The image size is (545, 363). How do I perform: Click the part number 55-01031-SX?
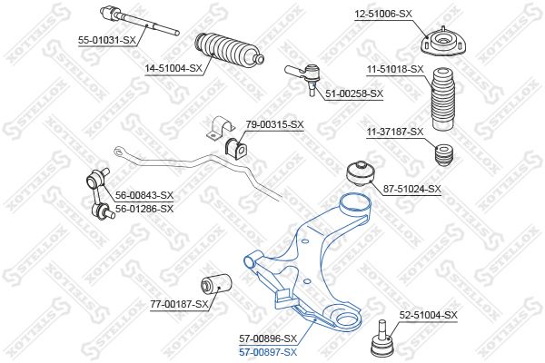pyautogui.click(x=106, y=40)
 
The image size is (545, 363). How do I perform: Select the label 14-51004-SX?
pyautogui.click(x=173, y=68)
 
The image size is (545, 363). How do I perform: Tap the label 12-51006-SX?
pyautogui.click(x=383, y=14)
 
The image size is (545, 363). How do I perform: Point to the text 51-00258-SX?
pyautogui.click(x=354, y=93)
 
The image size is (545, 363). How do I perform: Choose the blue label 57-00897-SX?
pyautogui.click(x=268, y=353)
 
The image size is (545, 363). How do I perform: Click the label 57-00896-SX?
pyautogui.click(x=268, y=338)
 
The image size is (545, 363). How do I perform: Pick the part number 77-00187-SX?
pyautogui.click(x=179, y=305)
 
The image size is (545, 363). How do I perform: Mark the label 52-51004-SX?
pyautogui.click(x=428, y=316)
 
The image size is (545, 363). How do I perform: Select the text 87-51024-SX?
pyautogui.click(x=411, y=189)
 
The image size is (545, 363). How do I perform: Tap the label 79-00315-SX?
pyautogui.click(x=275, y=124)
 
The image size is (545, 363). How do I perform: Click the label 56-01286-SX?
pyautogui.click(x=144, y=209)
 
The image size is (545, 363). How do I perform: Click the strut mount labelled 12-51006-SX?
pyautogui.click(x=443, y=43)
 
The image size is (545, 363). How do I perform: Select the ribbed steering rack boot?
pyautogui.click(x=230, y=50)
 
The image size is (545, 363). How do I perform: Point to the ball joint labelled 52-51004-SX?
pyautogui.click(x=381, y=339)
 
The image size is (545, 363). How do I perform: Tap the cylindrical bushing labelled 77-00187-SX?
pyautogui.click(x=216, y=284)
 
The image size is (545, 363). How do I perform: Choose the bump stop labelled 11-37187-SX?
pyautogui.click(x=444, y=155)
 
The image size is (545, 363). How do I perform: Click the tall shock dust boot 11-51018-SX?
pyautogui.click(x=443, y=99)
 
